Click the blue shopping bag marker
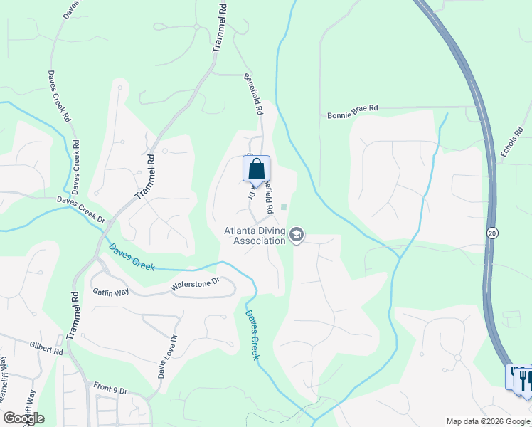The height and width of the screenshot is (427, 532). pos(257,170)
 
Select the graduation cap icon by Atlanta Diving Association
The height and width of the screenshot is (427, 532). pos(297,235)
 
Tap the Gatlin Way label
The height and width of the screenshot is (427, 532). pos(110,292)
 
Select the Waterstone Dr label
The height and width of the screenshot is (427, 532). pos(192,286)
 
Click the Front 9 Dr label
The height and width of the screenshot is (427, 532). pos(110,389)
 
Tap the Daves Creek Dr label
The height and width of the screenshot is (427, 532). pos(85,214)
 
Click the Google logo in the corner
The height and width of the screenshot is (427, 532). pos(23,418)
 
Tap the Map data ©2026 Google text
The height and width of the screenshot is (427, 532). pos(488,421)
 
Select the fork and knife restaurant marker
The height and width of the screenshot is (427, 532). pos(525,381)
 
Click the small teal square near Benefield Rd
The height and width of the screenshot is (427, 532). pos(284,207)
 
